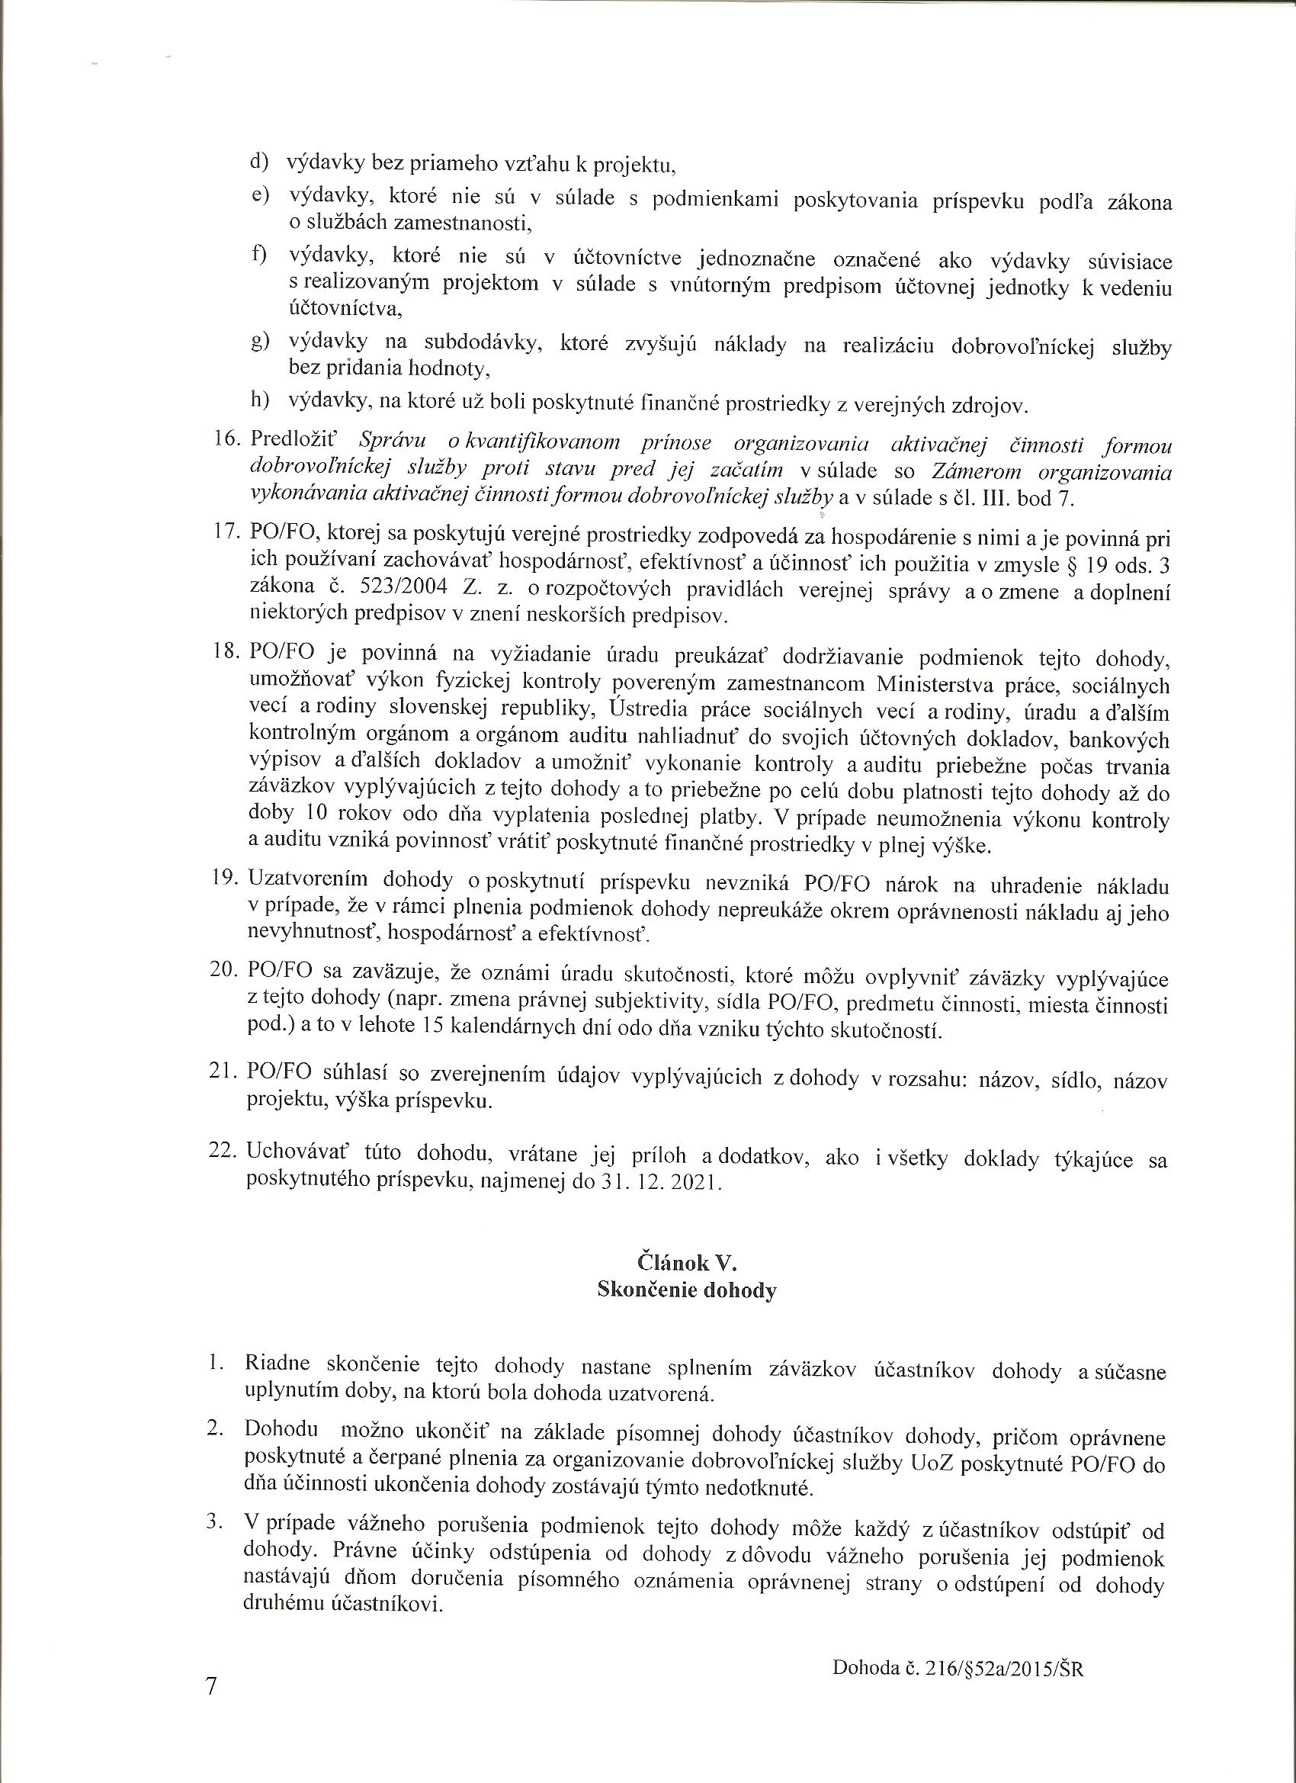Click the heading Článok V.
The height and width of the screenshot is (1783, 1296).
point(686,1264)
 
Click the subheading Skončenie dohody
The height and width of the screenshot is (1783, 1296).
point(686,1291)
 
